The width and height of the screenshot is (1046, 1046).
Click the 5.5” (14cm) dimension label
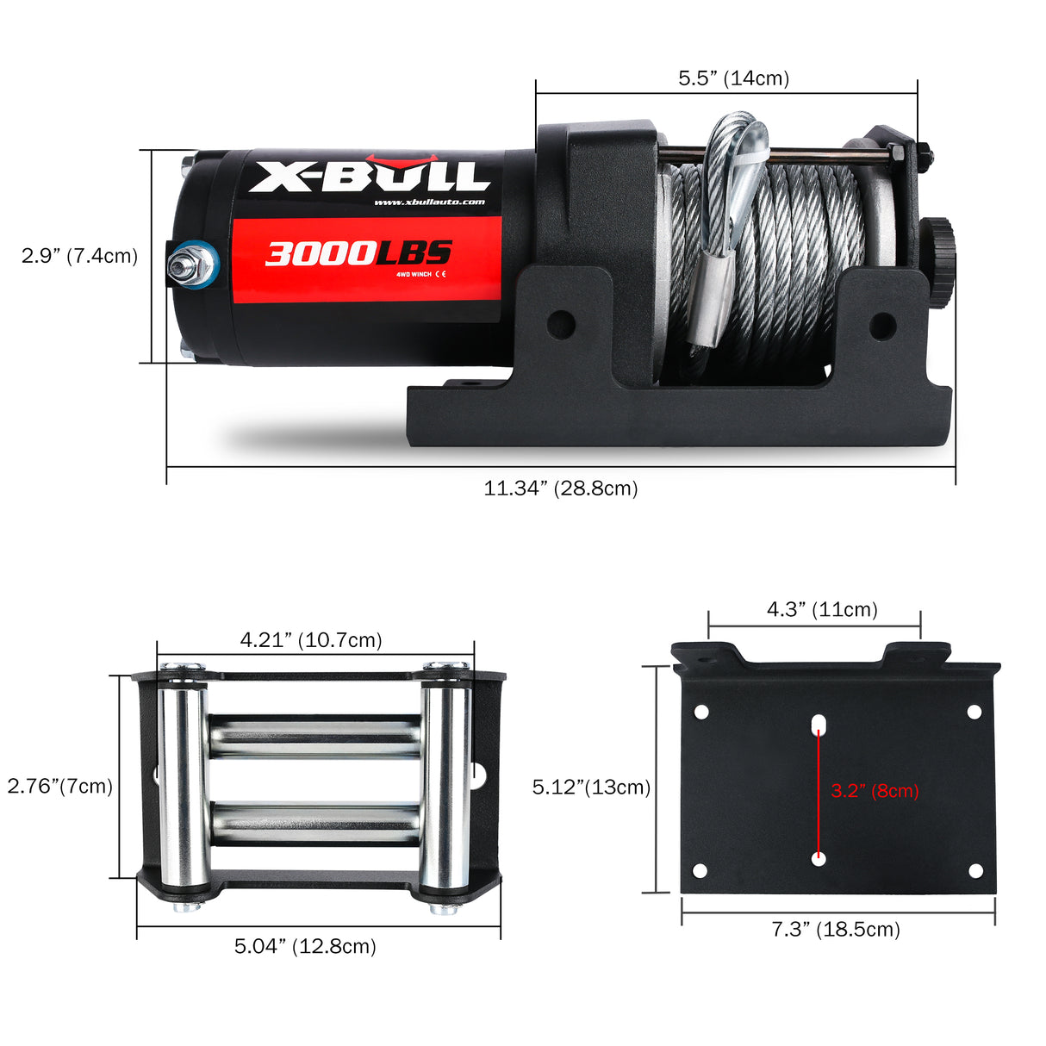coord(733,78)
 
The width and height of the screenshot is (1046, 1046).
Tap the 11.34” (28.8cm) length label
coord(561,489)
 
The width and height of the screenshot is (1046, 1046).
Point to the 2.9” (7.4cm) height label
coord(79,256)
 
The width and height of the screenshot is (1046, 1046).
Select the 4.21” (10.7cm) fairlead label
coord(311,640)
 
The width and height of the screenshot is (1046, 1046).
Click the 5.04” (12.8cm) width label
coord(306,946)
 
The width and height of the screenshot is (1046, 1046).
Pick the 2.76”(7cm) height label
coord(60,786)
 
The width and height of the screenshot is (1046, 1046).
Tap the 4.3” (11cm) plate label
coord(822,610)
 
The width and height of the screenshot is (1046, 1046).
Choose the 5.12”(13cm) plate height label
coord(591,787)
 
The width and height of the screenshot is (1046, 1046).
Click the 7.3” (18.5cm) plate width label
coord(835,929)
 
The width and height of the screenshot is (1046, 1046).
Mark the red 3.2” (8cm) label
coord(875,790)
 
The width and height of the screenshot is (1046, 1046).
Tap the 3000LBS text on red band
coord(358,253)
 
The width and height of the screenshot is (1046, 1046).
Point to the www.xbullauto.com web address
coord(429,202)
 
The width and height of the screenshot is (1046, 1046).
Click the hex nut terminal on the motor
coord(190,266)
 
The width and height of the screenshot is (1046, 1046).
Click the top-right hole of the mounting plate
coord(974,712)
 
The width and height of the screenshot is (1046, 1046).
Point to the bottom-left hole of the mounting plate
coord(700,870)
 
